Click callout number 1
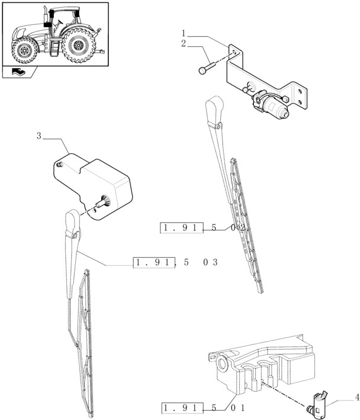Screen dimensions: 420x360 tap(184, 33)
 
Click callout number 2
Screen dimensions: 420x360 tap(184, 44)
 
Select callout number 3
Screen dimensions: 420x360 tap(39, 136)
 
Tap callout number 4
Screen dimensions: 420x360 tap(356, 397)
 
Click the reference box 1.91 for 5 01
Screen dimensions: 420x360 tap(181, 408)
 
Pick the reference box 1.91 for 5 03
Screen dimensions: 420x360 tap(154, 262)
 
